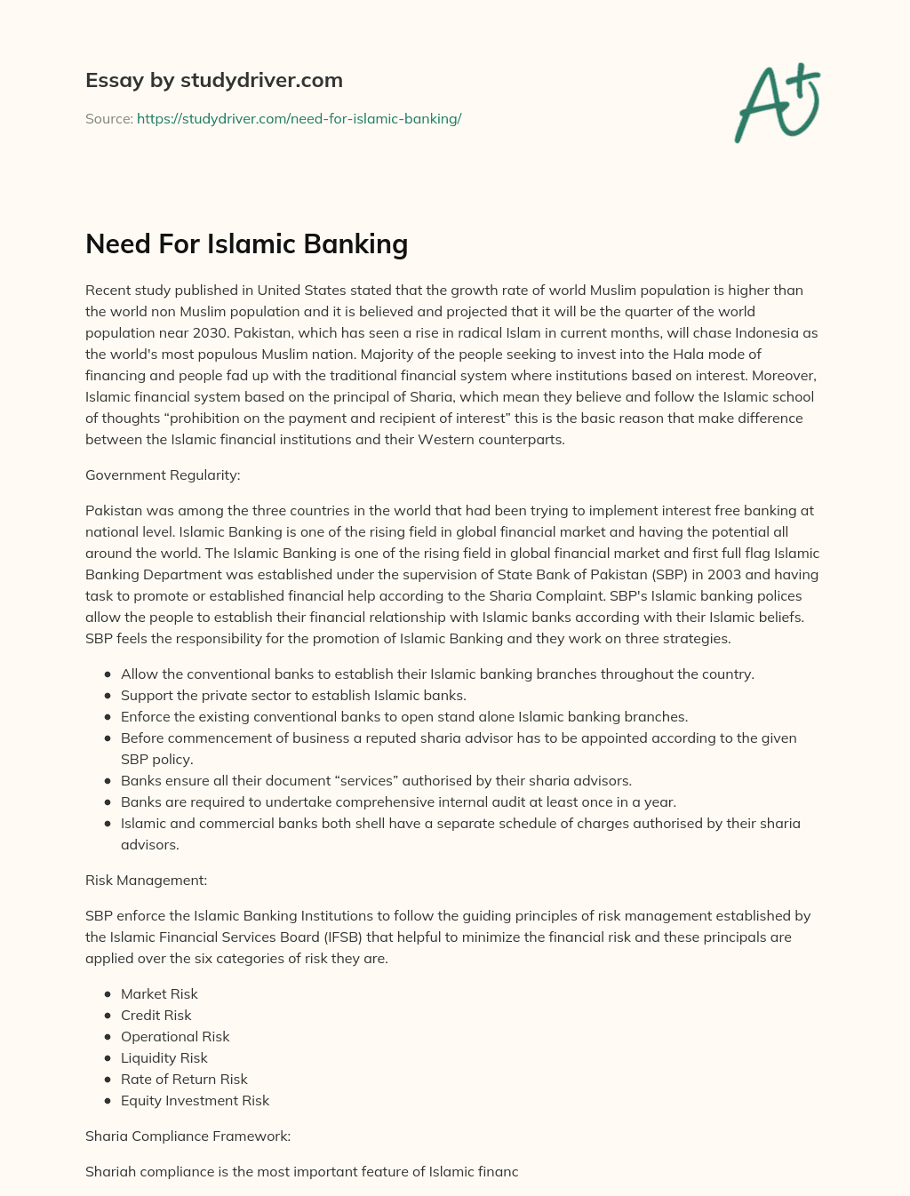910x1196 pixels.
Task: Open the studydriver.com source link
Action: point(299,118)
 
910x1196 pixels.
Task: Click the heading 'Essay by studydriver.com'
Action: point(214,80)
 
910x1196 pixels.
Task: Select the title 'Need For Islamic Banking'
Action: point(246,243)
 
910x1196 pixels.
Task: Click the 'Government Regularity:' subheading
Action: point(163,474)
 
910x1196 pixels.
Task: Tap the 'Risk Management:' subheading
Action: point(146,880)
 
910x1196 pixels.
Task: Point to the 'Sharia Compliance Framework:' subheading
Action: point(188,1136)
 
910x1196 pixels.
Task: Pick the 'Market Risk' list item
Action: point(159,993)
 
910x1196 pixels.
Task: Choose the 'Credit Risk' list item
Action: point(156,1015)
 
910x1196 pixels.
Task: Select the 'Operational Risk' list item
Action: point(175,1036)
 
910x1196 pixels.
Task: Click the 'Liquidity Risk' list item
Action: point(164,1057)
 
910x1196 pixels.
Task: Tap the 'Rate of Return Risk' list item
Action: point(184,1079)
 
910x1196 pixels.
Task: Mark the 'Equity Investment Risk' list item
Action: point(195,1100)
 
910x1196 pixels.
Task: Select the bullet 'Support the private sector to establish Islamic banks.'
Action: point(293,695)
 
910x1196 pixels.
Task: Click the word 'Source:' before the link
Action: point(108,118)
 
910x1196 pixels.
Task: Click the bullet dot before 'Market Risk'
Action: point(108,994)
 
